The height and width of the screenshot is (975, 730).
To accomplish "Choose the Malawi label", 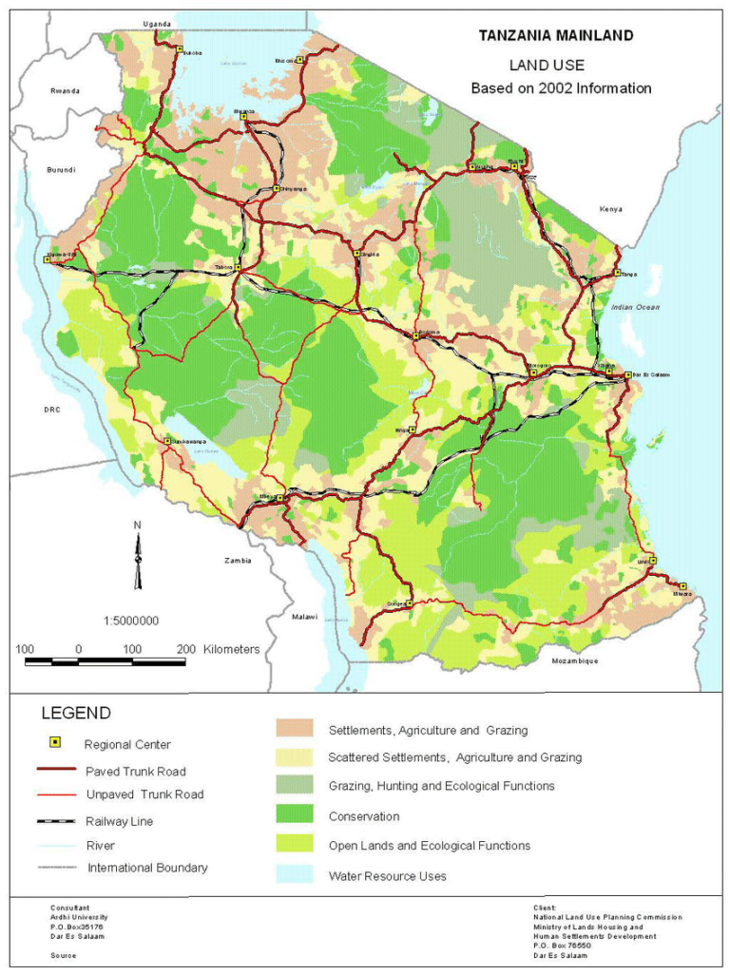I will click(304, 617).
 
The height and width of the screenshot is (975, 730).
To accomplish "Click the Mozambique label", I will click(574, 660).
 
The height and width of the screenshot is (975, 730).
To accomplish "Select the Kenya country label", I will click(609, 208).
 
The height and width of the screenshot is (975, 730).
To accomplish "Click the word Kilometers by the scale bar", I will click(231, 649).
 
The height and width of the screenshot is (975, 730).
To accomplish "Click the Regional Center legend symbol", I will click(56, 744).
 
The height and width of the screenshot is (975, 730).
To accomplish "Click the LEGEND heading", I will click(75, 713).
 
